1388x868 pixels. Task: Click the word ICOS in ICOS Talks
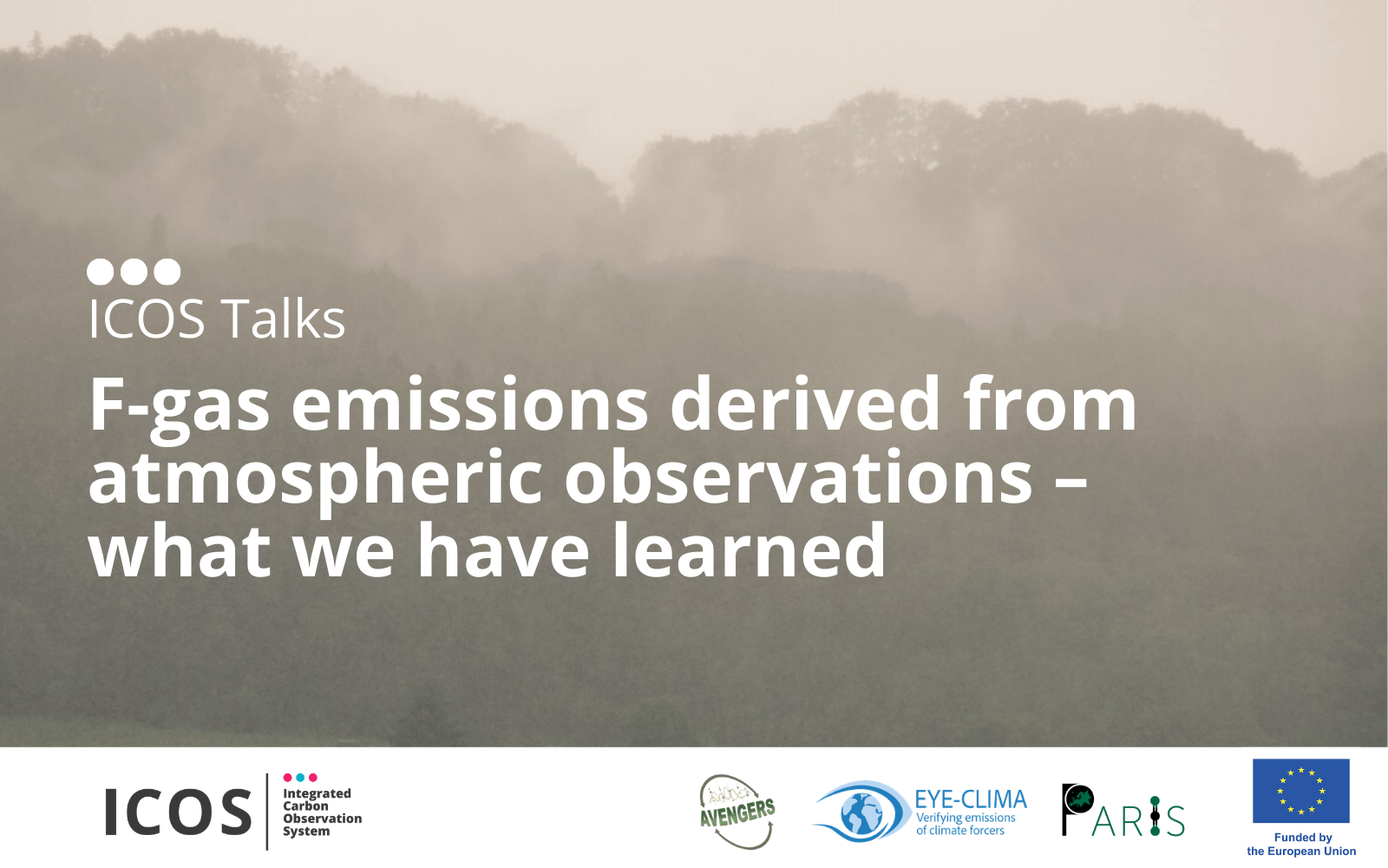pos(147,319)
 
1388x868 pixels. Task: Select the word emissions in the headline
pos(469,404)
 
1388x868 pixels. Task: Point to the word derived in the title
pos(805,403)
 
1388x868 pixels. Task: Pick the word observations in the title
pos(798,475)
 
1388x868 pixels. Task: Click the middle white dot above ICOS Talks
pos(134,272)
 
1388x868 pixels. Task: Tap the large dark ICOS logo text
pos(178,812)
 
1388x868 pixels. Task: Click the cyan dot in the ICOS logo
pos(300,778)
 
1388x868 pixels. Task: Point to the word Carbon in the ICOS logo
pos(305,806)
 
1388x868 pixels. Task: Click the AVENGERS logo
pos(737,812)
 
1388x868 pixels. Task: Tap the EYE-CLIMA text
pos(971,799)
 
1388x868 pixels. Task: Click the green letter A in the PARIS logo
pos(1103,821)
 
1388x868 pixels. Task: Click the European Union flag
pos(1300,791)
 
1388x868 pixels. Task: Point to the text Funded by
pos(1303,838)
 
